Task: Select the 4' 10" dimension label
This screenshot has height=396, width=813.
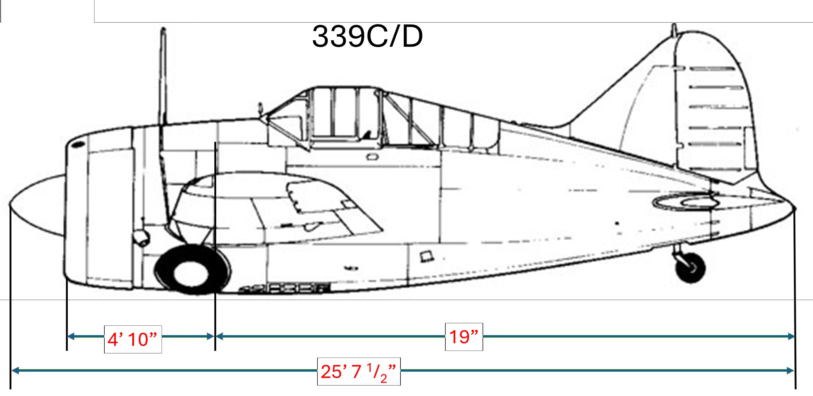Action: (133, 339)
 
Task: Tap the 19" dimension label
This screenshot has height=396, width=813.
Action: (463, 337)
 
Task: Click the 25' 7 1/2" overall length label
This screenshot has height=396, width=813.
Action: (358, 372)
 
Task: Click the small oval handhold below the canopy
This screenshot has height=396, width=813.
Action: (371, 157)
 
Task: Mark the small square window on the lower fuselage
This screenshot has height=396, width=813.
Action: (426, 256)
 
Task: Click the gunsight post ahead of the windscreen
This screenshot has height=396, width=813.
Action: (260, 108)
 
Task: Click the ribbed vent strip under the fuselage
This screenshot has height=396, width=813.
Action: (285, 289)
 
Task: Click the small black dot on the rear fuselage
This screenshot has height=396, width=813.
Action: (617, 223)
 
